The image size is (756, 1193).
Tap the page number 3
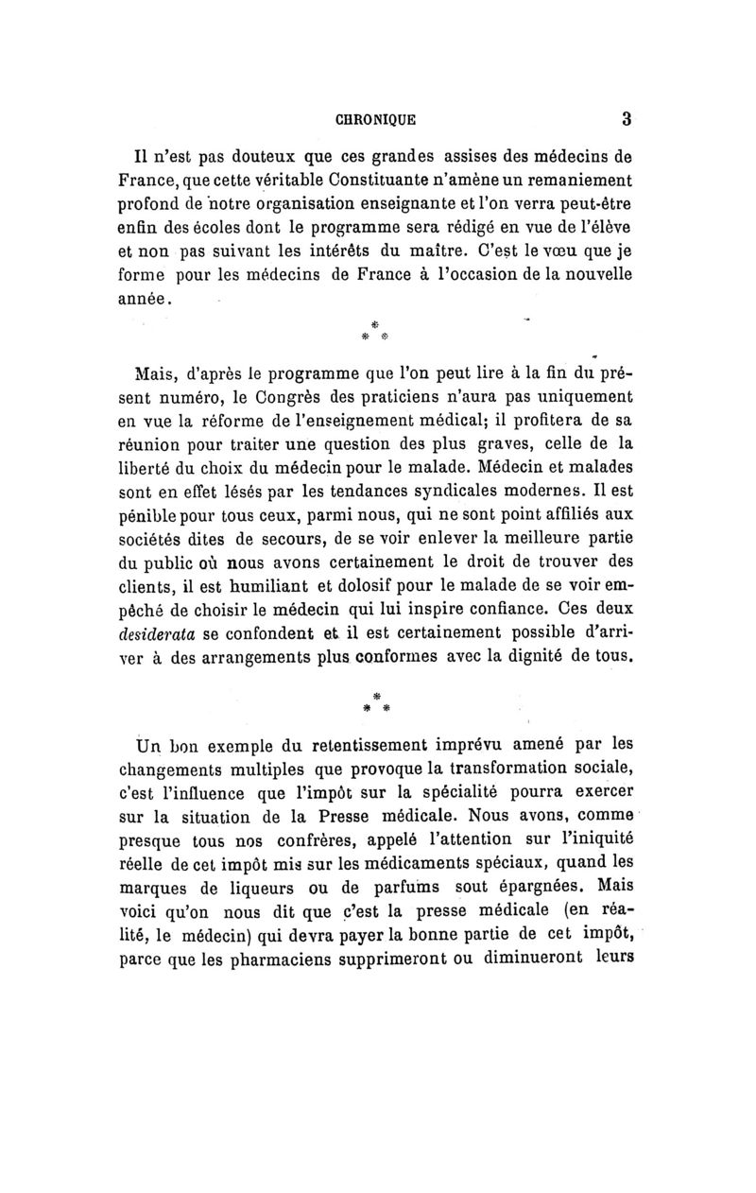(x=627, y=119)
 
